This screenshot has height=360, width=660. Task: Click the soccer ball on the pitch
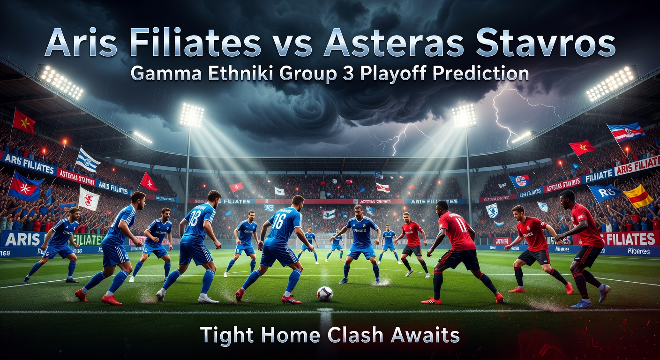point(324,293)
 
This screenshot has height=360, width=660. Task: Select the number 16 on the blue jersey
point(278,221)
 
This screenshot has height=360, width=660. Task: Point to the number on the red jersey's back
point(461,224)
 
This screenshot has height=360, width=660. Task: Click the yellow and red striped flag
point(637,195)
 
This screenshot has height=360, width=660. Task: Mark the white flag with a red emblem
point(89,199)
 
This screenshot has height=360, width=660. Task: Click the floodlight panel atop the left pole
point(192,115)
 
